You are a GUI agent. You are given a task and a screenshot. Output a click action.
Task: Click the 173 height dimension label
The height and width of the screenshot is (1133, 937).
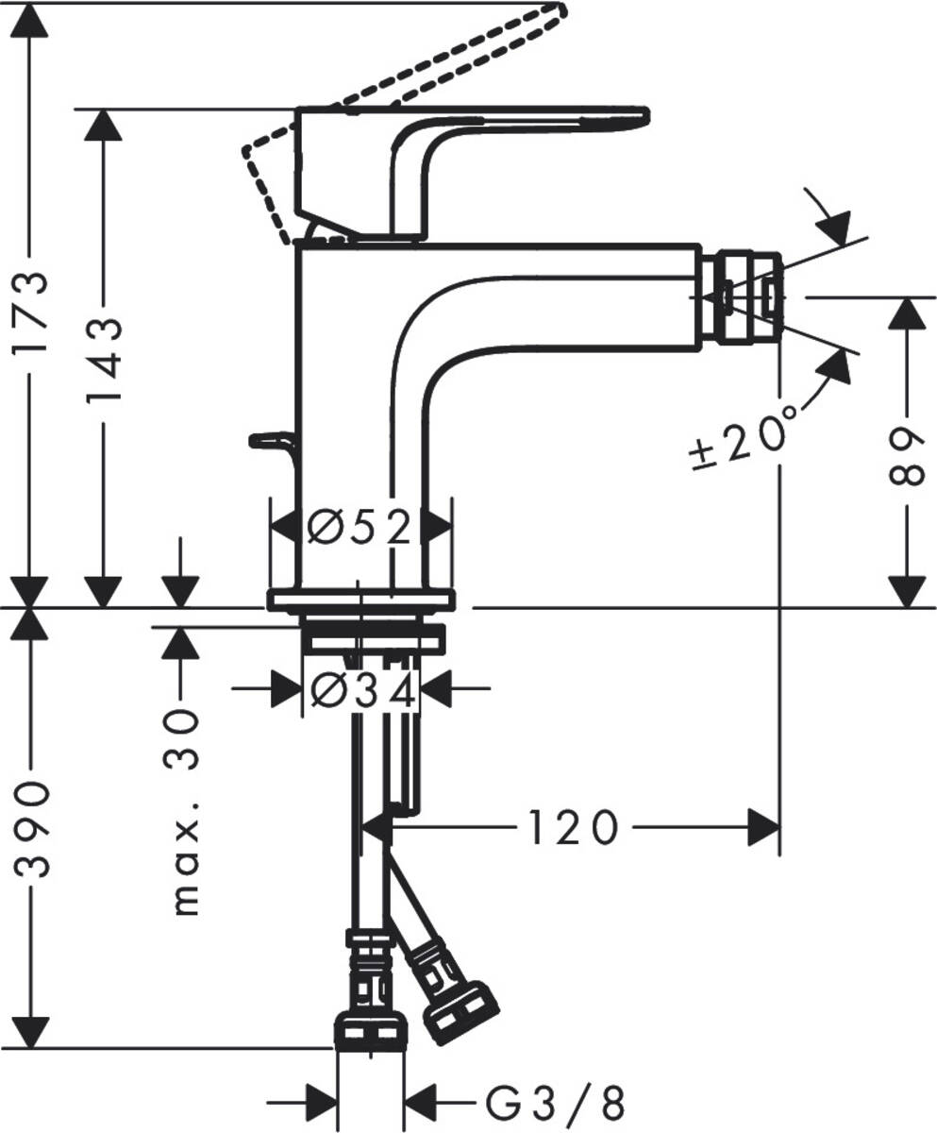[x=31, y=313]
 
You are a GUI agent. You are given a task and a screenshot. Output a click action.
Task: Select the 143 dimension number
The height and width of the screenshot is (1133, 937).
[x=104, y=360]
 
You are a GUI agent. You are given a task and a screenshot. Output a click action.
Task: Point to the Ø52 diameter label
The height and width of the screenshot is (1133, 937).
[x=360, y=527]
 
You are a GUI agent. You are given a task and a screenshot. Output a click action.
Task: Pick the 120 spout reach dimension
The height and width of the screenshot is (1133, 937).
[x=571, y=827]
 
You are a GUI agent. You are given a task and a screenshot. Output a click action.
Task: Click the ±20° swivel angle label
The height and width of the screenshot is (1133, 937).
[x=742, y=435]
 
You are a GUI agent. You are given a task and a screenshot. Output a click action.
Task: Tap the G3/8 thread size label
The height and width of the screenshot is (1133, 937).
[x=556, y=1103]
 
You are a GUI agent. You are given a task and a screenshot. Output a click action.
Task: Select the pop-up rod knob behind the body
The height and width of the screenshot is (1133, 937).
[x=272, y=439]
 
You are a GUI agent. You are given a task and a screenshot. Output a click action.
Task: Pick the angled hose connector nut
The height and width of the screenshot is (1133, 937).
[x=460, y=1014]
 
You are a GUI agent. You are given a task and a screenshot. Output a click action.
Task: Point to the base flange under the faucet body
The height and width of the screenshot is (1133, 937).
[x=361, y=600]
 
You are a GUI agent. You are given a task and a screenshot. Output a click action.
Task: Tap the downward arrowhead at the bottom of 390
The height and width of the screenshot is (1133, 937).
[x=31, y=1031]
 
